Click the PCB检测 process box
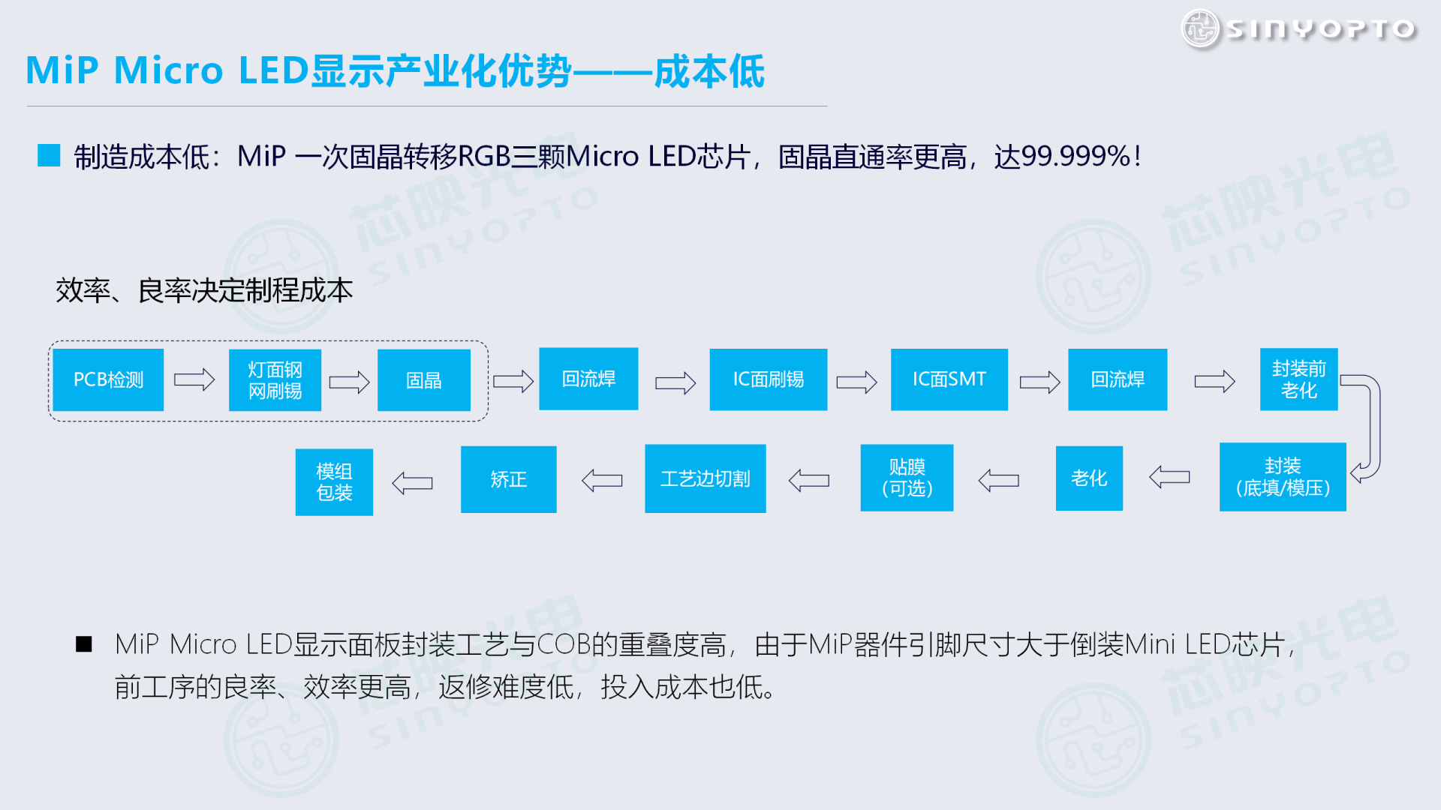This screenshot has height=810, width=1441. pyautogui.click(x=108, y=379)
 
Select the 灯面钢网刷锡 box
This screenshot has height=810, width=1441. pyautogui.click(x=275, y=380)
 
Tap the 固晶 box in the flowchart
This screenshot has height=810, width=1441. pyautogui.click(x=423, y=380)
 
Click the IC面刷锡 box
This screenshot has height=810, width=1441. pyautogui.click(x=768, y=379)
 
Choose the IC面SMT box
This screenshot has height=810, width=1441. pyautogui.click(x=949, y=379)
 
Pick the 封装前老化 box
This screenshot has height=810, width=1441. pyautogui.click(x=1298, y=379)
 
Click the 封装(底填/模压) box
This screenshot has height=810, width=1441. pyautogui.click(x=1282, y=477)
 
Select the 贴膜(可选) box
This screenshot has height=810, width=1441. pyautogui.click(x=907, y=478)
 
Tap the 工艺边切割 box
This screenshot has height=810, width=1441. pyautogui.click(x=705, y=478)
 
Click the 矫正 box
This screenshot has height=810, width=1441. pyautogui.click(x=508, y=479)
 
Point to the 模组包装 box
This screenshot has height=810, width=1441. pyautogui.click(x=334, y=482)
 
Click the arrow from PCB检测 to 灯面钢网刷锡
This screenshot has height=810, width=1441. pyautogui.click(x=194, y=380)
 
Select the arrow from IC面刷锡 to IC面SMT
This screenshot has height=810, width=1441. pyautogui.click(x=856, y=382)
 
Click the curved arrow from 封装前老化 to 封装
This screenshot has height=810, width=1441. pyautogui.click(x=1370, y=427)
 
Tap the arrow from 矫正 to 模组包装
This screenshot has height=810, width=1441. pyautogui.click(x=413, y=482)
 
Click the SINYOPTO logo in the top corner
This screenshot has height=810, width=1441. pyautogui.click(x=1298, y=28)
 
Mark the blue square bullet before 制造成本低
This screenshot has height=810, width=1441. pyautogui.click(x=49, y=156)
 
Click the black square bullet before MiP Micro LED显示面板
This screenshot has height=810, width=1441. pyautogui.click(x=84, y=644)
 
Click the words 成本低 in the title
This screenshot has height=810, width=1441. pyautogui.click(x=709, y=71)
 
